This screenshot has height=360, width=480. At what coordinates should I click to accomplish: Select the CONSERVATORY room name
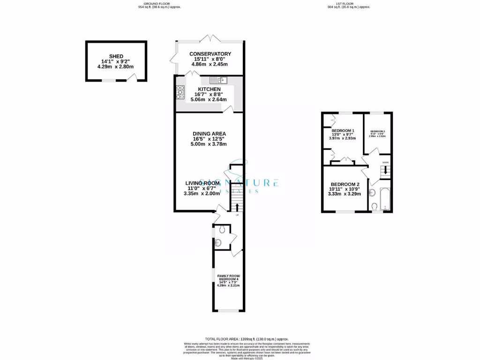[x=210, y=54]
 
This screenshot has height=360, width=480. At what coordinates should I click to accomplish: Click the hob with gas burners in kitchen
[x=180, y=92]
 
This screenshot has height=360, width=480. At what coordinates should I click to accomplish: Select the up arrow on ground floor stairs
[x=237, y=206]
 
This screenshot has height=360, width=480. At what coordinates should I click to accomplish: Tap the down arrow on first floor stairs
[x=385, y=171]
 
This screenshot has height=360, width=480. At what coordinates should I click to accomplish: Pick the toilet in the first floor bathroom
[x=374, y=207]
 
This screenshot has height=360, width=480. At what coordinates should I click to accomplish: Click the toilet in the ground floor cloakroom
[x=222, y=229]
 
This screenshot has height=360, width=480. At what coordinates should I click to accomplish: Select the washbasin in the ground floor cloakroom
[x=218, y=243]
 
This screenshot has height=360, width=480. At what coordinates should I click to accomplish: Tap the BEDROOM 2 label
[x=345, y=184]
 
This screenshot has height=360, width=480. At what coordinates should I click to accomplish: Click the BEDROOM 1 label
[x=343, y=130]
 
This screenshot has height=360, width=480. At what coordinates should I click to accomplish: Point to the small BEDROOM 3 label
[x=377, y=131]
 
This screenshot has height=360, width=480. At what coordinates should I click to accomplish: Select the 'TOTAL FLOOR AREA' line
[x=247, y=339]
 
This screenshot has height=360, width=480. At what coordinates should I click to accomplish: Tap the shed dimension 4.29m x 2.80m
[x=115, y=67]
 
